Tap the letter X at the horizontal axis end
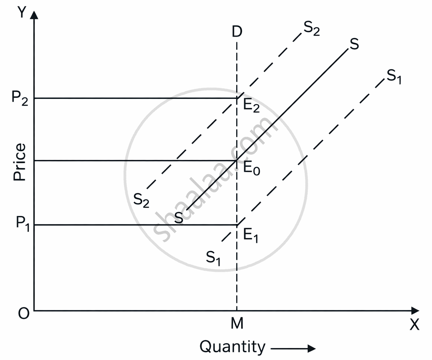(414, 325)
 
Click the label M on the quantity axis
(237, 323)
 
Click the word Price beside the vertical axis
(19, 161)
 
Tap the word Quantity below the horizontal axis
(232, 347)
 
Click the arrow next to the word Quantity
(293, 348)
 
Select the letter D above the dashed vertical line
(237, 32)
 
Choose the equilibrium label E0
(252, 169)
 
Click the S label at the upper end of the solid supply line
(354, 44)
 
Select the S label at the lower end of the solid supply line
(178, 218)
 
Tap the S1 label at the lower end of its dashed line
(213, 257)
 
